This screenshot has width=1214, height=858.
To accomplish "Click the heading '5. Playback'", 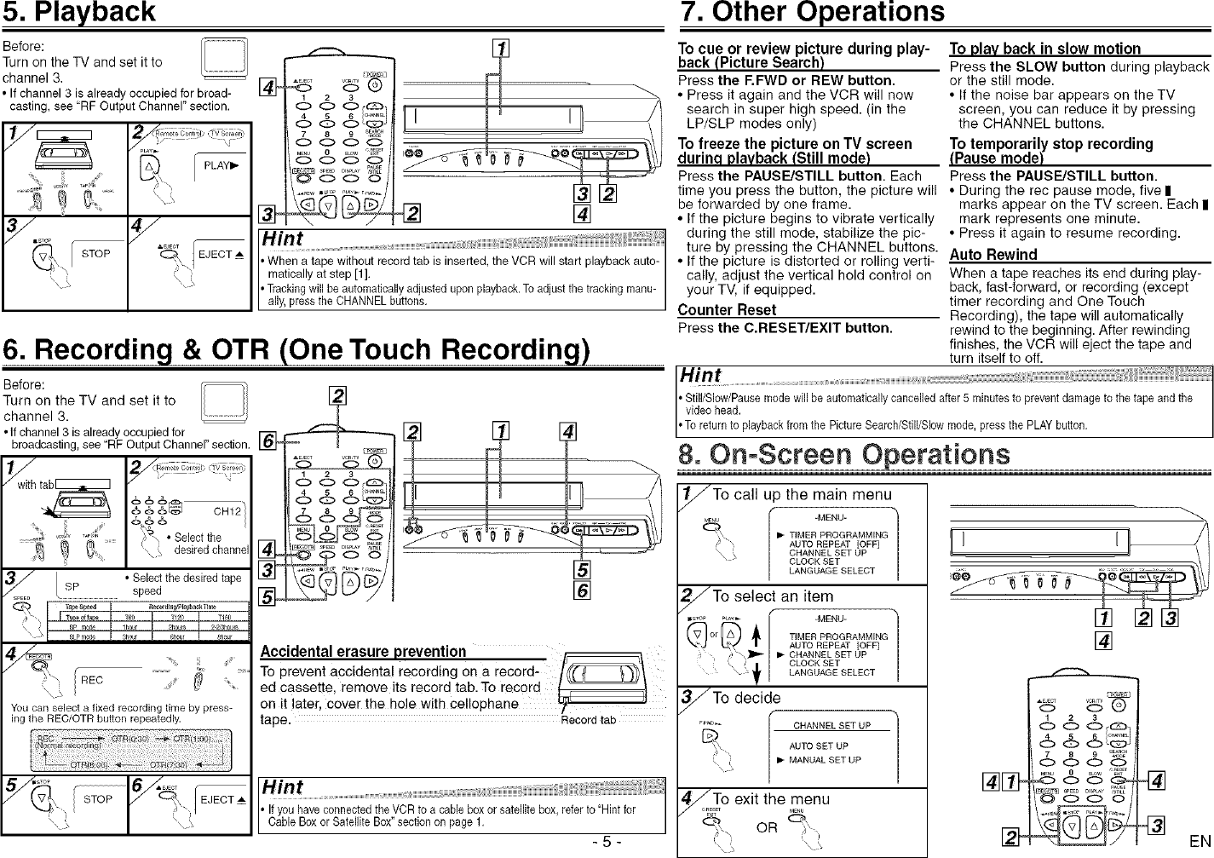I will click(79, 13).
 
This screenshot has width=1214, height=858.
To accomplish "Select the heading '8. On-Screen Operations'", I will click(843, 454).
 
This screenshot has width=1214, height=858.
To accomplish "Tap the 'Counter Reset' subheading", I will click(727, 310).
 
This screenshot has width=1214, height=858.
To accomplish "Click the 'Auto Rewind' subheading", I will click(992, 255).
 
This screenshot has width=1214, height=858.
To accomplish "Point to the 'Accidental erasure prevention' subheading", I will click(363, 652).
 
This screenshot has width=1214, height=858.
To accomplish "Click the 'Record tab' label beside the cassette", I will click(588, 720).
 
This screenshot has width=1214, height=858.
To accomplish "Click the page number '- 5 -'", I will click(607, 842).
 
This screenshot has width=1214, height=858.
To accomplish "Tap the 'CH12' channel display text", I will click(227, 512).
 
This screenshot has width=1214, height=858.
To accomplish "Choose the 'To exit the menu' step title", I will click(770, 799).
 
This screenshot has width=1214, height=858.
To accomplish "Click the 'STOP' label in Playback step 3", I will click(95, 254).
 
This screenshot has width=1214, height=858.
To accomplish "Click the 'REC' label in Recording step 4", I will click(92, 680).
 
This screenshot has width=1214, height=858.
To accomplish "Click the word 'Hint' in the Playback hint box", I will click(283, 239).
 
